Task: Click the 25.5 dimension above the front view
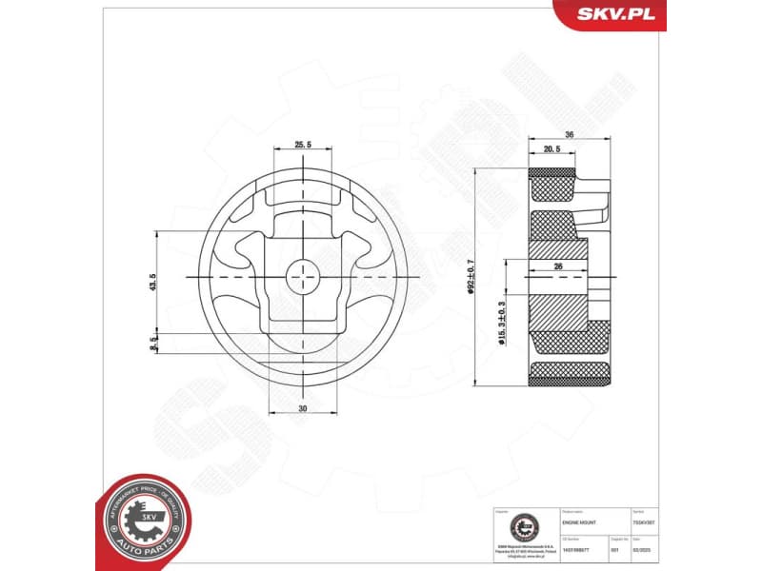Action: click(303, 145)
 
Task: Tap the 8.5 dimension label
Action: click(152, 344)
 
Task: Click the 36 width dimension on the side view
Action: click(570, 135)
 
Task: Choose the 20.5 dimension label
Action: click(551, 150)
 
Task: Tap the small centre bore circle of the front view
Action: click(303, 276)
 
